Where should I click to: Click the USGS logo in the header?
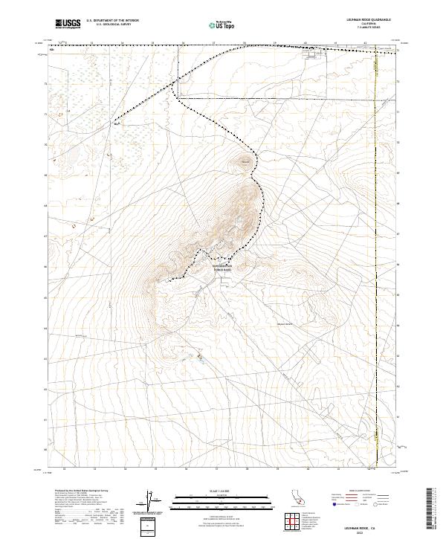[x=68, y=24]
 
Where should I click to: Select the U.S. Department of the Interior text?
[x=112, y=21]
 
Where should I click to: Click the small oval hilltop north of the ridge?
[x=243, y=161]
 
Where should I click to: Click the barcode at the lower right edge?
[x=433, y=510]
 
